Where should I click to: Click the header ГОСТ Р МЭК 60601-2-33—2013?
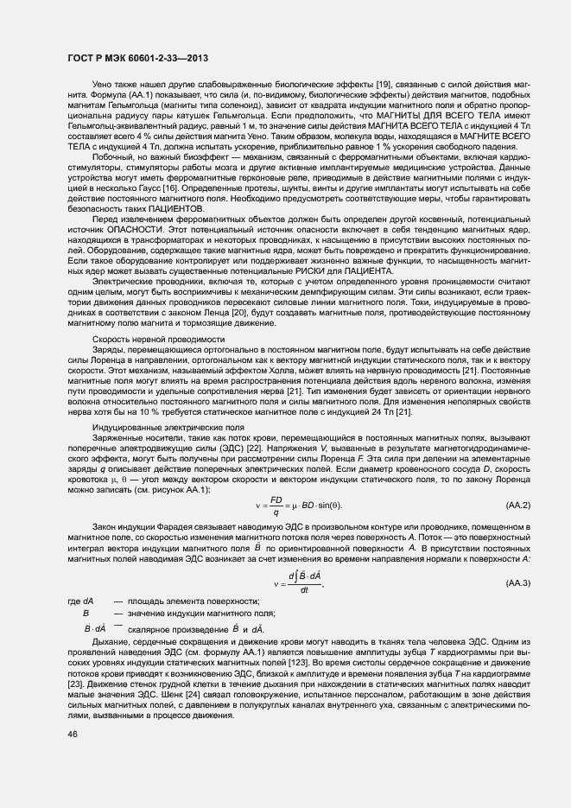(136, 58)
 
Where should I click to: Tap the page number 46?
(72, 734)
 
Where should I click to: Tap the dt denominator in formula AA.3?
(304, 590)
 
